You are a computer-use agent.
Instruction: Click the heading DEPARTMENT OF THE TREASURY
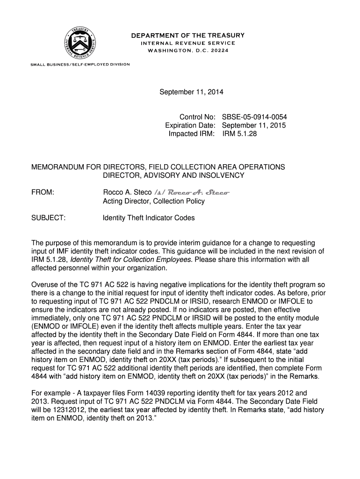[187, 36]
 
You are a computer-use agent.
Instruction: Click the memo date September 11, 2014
[191, 92]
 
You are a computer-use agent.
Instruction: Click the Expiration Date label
[190, 125]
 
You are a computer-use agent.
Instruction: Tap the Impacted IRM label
[192, 134]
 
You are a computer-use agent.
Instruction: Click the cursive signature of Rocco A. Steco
[198, 193]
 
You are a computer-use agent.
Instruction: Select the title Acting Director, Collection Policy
[153, 201]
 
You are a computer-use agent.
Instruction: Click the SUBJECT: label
[48, 218]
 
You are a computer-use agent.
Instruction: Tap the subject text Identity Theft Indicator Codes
[149, 218]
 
